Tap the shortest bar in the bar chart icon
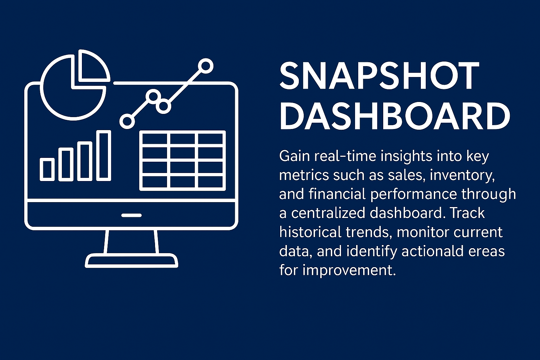point(47,169)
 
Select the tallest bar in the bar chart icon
point(104,155)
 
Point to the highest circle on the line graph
point(206,66)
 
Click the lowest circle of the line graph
point(127,121)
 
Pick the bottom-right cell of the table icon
point(210,181)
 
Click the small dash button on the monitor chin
point(131,215)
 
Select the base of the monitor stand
point(131,261)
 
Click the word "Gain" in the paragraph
point(294,156)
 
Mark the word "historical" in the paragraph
point(310,232)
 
